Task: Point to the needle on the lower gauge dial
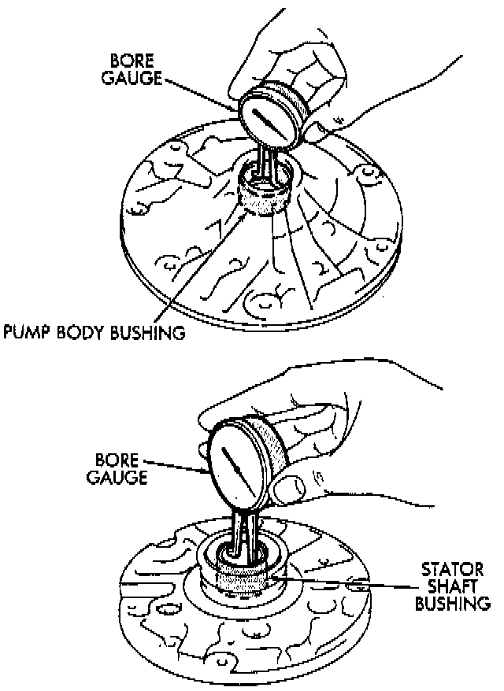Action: (x=234, y=464)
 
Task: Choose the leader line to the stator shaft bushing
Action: (x=354, y=583)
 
